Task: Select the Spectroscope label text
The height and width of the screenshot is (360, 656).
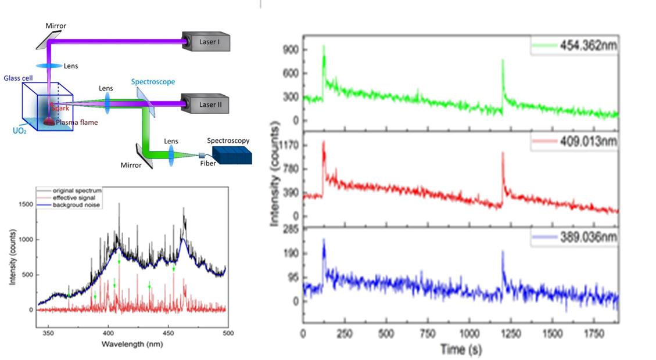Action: tap(153, 82)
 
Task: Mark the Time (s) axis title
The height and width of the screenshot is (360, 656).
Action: tap(460, 350)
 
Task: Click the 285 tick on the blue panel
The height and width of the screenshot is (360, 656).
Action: tap(292, 226)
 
